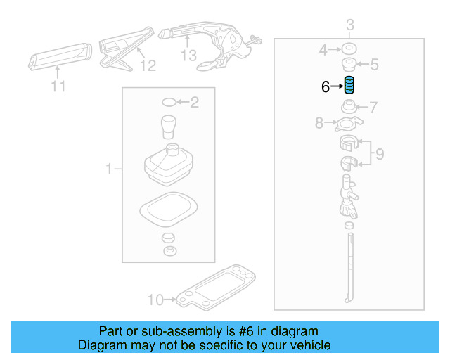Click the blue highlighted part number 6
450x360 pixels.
click(349, 86)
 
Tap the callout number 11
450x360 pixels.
click(58, 86)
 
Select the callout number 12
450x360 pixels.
click(147, 65)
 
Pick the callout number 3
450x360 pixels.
click(349, 27)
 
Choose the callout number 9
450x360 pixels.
click(379, 153)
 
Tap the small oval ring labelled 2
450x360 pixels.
click(168, 103)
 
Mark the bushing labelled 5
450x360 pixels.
click(349, 65)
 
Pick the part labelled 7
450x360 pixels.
click(348, 108)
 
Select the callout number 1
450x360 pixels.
click(109, 169)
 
